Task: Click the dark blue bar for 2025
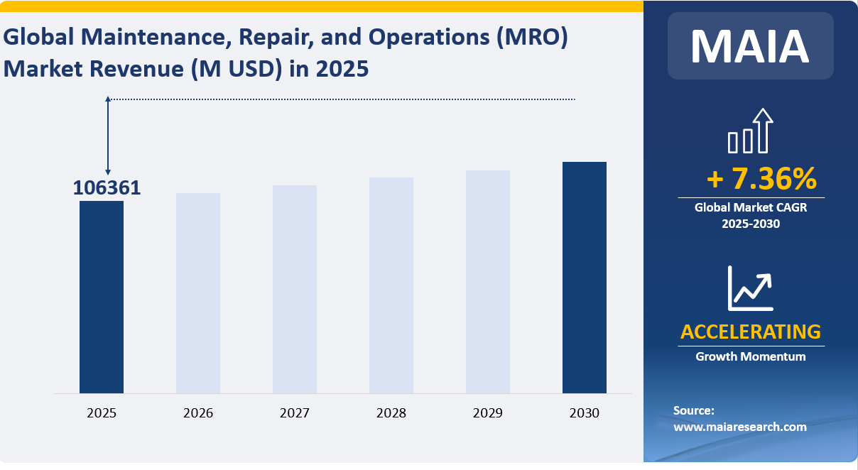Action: click(102, 297)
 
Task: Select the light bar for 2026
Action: click(198, 293)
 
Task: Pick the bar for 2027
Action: click(295, 289)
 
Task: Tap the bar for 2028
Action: click(391, 285)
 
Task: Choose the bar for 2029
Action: click(488, 281)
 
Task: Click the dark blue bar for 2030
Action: click(585, 277)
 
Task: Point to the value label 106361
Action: click(107, 188)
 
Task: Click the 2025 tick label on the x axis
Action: click(102, 412)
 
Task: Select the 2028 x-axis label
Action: click(391, 412)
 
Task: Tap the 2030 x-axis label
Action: click(585, 412)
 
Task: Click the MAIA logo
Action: click(750, 45)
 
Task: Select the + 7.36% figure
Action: click(761, 180)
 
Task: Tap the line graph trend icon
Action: click(750, 288)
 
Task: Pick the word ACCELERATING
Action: click(751, 332)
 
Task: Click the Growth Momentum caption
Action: click(751, 356)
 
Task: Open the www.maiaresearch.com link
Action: click(739, 427)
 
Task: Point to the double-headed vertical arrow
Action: click(108, 136)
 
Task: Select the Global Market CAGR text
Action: click(751, 208)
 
